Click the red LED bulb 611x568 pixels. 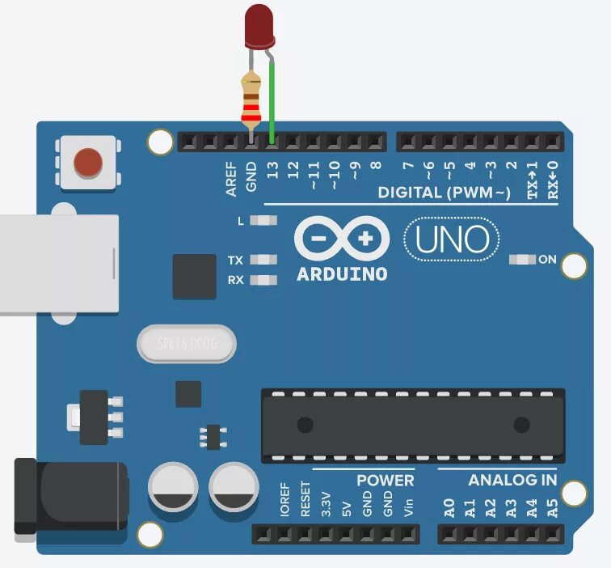(259, 25)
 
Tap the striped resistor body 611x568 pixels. (251, 101)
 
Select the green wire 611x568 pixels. (272, 101)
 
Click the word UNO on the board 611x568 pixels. (452, 239)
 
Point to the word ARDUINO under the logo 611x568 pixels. (342, 273)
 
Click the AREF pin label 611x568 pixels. (231, 178)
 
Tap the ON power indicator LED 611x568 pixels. (522, 260)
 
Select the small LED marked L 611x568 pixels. (263, 220)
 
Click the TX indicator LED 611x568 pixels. (263, 261)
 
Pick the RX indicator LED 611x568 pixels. (263, 281)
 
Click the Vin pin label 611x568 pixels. (408, 507)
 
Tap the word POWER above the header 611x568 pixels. (385, 481)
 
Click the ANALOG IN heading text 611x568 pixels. (512, 481)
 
